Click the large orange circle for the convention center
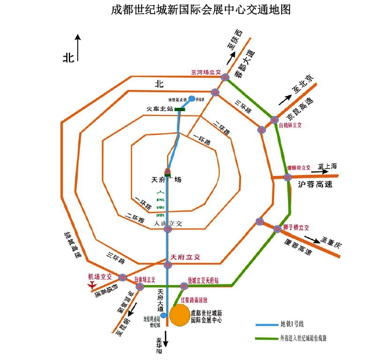180,316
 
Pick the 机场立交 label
100,276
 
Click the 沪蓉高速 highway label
314,185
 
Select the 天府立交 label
185,256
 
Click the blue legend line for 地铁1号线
265,324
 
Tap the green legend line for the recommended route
265,338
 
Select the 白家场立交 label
145,280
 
